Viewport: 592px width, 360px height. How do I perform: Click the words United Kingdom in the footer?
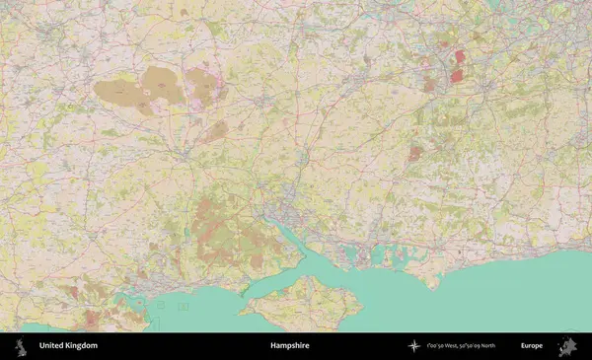pyautogui.click(x=68, y=346)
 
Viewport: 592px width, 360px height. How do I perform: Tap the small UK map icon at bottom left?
pyautogui.click(x=20, y=346)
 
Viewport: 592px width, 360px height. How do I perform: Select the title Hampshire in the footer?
pyautogui.click(x=290, y=346)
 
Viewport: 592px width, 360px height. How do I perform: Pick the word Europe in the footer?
pyautogui.click(x=533, y=346)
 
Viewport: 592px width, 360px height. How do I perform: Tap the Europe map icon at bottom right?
pyautogui.click(x=567, y=346)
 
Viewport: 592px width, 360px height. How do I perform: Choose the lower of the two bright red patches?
pyautogui.click(x=458, y=74)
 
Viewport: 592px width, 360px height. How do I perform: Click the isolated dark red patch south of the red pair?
pyautogui.click(x=415, y=154)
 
